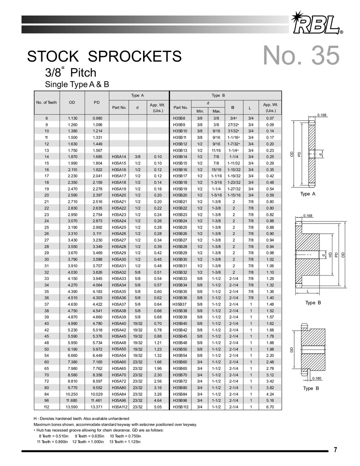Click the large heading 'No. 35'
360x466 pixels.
(301, 56)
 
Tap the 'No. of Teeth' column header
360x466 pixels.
(47, 102)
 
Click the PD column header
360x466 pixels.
(96, 102)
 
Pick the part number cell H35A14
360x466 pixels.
(119, 157)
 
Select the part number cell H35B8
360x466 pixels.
(179, 118)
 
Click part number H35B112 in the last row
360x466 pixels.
(181, 407)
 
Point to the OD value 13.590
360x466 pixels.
(72, 407)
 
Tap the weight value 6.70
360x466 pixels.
(270, 407)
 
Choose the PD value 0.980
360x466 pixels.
(97, 118)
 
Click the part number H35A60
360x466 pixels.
(119, 362)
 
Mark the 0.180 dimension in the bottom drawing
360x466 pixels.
(317, 378)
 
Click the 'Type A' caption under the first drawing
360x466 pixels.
(308, 194)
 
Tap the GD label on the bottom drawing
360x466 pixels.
(291, 350)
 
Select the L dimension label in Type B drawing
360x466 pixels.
(308, 291)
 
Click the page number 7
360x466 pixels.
(335, 450)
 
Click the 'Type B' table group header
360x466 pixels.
(218, 95)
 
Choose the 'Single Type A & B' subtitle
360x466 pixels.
(77, 84)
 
